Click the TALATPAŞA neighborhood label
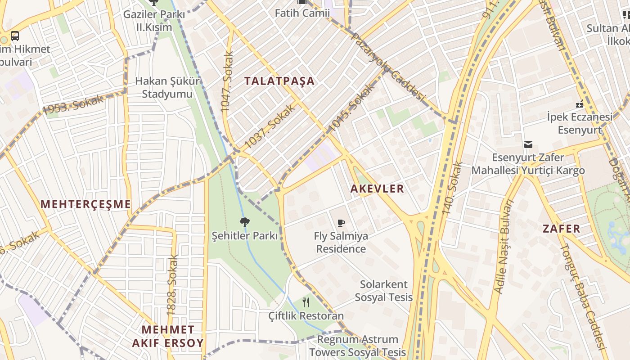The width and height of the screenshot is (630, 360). (279, 81)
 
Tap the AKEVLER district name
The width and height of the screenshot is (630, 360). (377, 189)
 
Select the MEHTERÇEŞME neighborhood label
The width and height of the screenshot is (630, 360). (85, 204)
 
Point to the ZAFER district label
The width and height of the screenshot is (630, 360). (561, 229)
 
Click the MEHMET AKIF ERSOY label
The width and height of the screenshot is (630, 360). (168, 336)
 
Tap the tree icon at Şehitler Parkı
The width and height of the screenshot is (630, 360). (245, 222)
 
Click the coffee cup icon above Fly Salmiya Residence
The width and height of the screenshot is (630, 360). (341, 223)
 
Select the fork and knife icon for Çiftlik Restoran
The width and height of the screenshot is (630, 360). (306, 302)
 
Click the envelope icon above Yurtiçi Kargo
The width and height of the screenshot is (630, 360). (528, 144)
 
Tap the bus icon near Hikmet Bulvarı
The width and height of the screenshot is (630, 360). (15, 36)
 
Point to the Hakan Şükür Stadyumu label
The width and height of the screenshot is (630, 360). (167, 88)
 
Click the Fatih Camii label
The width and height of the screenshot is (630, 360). (302, 13)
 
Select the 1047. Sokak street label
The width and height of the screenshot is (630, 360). (227, 81)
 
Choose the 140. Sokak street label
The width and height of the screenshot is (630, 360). (452, 188)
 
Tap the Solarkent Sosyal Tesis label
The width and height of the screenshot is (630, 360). (383, 291)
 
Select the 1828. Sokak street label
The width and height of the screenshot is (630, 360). (172, 284)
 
